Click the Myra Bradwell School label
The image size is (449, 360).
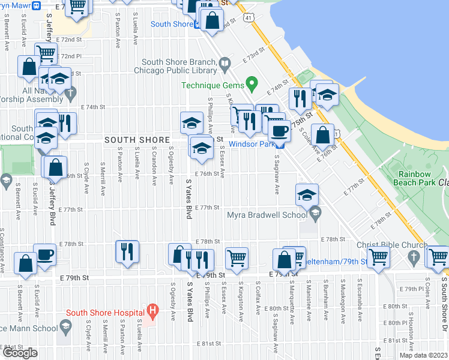(x=267, y=215)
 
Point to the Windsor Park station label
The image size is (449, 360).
(x=252, y=144)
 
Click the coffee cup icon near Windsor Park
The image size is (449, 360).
(x=279, y=131)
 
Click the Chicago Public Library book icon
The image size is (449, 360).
(x=224, y=62)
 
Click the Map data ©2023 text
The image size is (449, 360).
(x=423, y=355)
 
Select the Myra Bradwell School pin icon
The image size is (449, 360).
(x=315, y=213)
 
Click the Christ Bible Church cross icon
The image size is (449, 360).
(x=412, y=257)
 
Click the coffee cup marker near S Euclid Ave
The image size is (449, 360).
(x=44, y=254)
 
